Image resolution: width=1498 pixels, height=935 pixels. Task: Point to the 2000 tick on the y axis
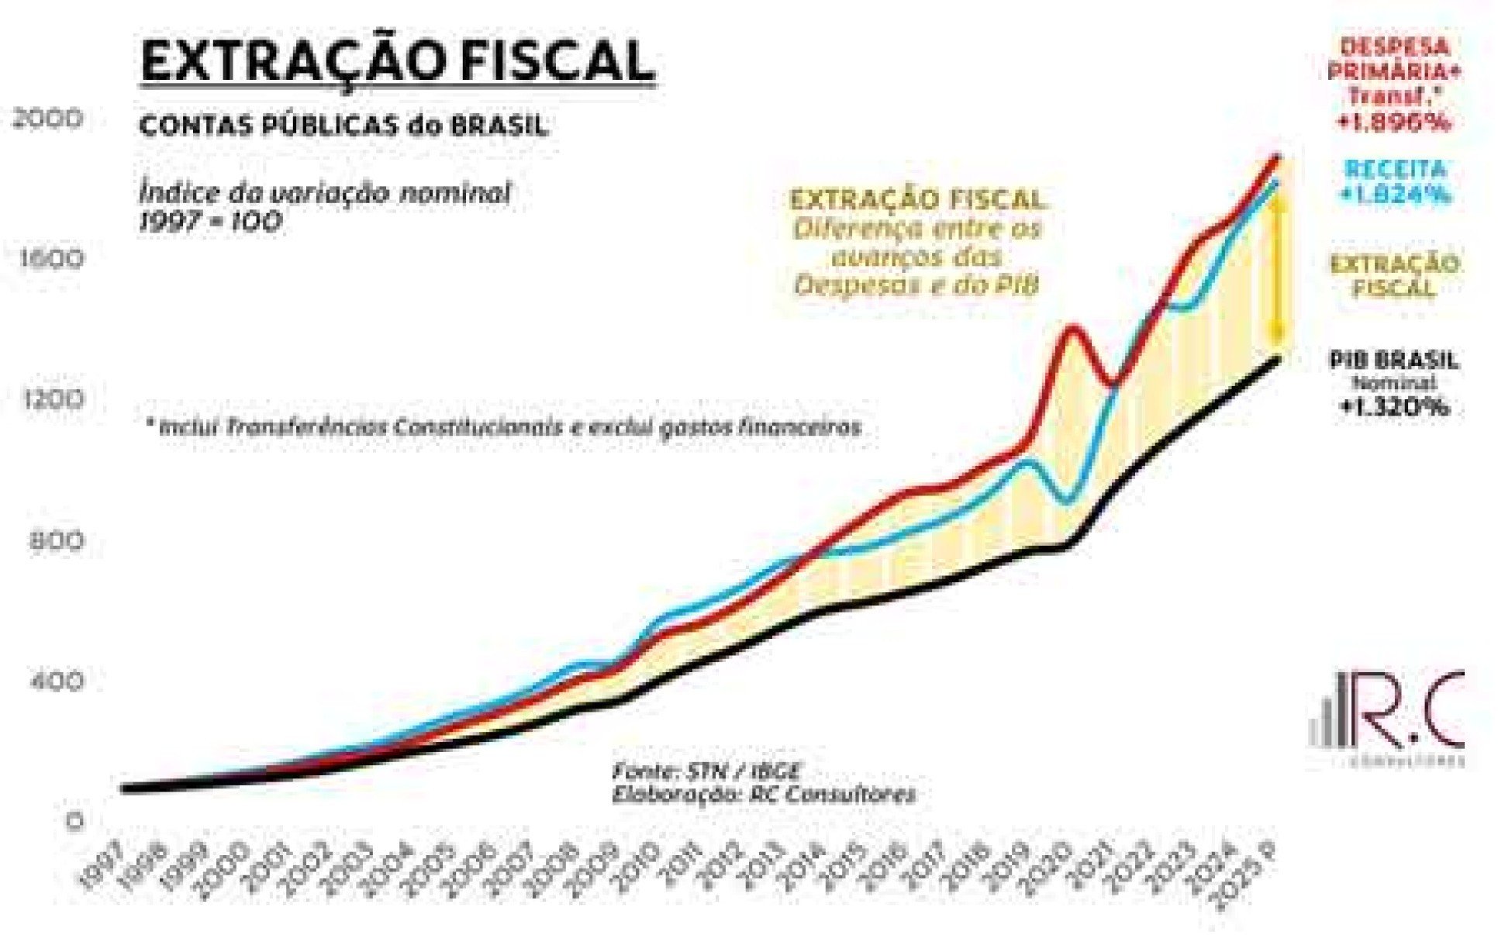pyautogui.click(x=47, y=119)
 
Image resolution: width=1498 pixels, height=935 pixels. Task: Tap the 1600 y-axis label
pyautogui.click(x=49, y=258)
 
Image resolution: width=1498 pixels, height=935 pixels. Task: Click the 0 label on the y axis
pyautogui.click(x=74, y=821)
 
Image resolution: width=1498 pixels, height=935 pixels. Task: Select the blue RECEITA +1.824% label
pyautogui.click(x=1395, y=181)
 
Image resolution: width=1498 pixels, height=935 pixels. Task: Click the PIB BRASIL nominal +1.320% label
pyautogui.click(x=1393, y=382)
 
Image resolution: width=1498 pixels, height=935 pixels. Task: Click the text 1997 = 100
pyautogui.click(x=210, y=223)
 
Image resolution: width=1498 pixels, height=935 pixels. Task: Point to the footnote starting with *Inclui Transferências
pyautogui.click(x=504, y=427)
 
